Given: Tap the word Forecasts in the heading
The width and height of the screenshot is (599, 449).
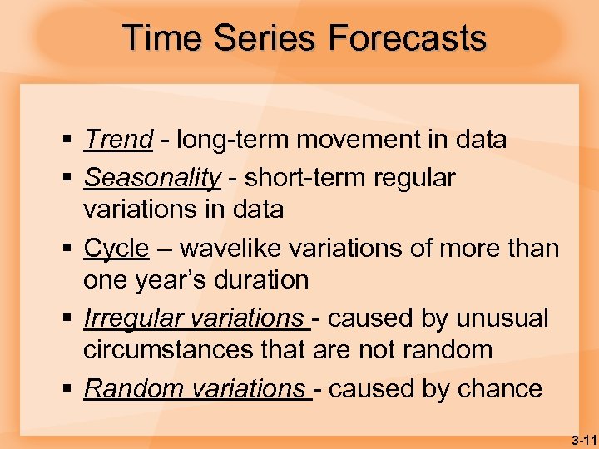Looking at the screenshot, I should point(407,38).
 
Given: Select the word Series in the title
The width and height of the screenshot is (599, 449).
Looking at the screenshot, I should point(267,38).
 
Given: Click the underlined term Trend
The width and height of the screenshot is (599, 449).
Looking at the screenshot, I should point(118,140).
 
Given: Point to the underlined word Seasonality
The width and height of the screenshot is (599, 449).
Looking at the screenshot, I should point(152,178).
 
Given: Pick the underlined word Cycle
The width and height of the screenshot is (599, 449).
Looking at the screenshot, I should point(116,248).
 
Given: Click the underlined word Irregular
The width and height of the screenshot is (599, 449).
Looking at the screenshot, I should point(134,318).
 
